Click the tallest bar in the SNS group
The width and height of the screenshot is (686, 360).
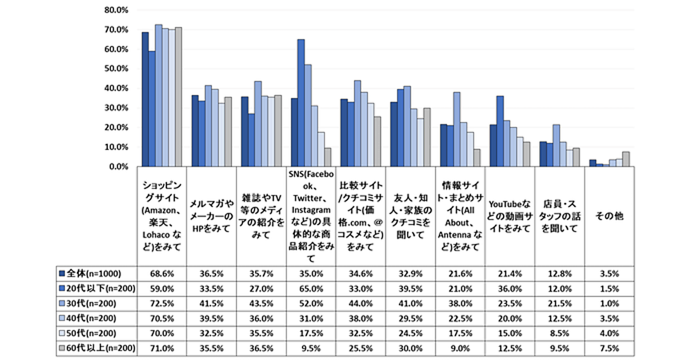(x=301, y=103)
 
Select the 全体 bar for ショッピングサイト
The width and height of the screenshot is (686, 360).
(x=145, y=99)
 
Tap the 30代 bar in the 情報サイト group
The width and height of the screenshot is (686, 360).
(x=457, y=129)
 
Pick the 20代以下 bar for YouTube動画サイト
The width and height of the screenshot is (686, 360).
(x=500, y=131)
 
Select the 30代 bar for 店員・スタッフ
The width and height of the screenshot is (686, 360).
(x=556, y=145)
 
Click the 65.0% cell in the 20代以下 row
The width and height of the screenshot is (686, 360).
(x=312, y=288)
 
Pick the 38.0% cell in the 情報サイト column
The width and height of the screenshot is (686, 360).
(x=461, y=303)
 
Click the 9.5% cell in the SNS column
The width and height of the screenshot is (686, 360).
(x=312, y=347)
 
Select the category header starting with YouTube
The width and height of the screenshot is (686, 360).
(x=510, y=217)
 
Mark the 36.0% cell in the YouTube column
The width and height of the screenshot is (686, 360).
(x=510, y=288)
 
